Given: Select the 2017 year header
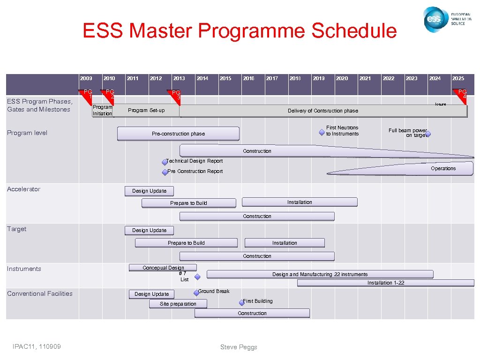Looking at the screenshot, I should tap(272, 78).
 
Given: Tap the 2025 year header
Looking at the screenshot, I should tap(458, 78).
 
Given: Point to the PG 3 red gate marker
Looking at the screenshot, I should tap(175, 94).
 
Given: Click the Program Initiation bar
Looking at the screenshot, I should tap(102, 111).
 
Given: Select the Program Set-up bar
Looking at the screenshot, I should tap(146, 111).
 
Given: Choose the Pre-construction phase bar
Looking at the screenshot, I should tap(178, 134).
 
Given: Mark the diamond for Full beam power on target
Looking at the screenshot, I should tap(427, 134).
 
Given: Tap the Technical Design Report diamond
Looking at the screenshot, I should tap(165, 162).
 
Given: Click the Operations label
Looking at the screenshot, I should tap(443, 168).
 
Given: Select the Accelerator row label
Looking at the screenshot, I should tap(23, 189).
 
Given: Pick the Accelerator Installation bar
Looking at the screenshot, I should tap(299, 202).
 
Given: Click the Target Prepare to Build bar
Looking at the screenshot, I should tap(186, 243).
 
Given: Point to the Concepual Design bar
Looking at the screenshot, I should tap(163, 268).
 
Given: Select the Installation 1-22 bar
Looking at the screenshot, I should tap(385, 283).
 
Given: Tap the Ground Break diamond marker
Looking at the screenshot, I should tap(196, 293).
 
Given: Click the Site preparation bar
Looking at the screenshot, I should tap(178, 304).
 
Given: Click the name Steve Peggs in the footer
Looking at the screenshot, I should tap(239, 347).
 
